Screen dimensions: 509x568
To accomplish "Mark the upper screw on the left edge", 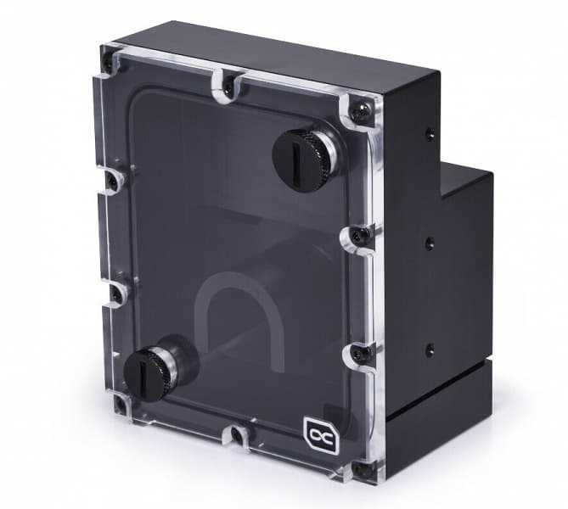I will pyautogui.click(x=110, y=180).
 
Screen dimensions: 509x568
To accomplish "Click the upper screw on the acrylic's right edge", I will pyautogui.click(x=356, y=236).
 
